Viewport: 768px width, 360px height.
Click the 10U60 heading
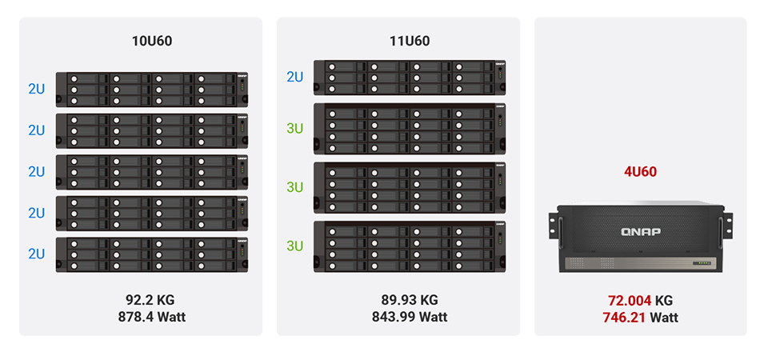click(151, 41)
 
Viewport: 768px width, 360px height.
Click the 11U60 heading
click(410, 41)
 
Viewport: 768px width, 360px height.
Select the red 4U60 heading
click(642, 170)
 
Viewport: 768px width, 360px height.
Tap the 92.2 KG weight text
click(150, 300)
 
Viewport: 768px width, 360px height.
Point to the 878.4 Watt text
click(150, 316)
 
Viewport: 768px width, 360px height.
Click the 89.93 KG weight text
click(410, 300)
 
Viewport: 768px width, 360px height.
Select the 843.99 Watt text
click(410, 316)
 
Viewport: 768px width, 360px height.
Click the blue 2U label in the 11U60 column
click(295, 77)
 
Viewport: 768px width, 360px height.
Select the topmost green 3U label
click(295, 127)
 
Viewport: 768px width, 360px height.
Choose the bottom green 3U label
click(295, 246)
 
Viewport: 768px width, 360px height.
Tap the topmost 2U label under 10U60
click(36, 89)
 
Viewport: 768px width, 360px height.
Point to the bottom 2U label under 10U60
click(36, 254)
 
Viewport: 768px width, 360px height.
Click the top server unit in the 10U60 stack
click(151, 89)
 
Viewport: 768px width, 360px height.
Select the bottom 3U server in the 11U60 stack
click(410, 246)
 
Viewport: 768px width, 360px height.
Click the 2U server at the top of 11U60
click(410, 77)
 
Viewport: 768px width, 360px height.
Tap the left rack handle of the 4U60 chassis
click(554, 225)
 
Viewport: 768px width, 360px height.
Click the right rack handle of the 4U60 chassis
click(729, 225)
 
